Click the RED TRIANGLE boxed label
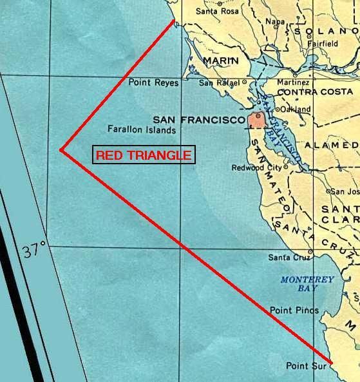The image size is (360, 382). click(x=144, y=155)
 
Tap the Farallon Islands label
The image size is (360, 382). click(x=142, y=129)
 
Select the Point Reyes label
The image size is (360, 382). click(x=153, y=82)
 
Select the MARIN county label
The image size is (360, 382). click(x=221, y=61)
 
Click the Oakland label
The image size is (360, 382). click(x=298, y=110)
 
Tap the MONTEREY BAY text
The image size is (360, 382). click(x=307, y=284)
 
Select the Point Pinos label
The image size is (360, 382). click(x=294, y=310)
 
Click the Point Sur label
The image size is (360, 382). click(x=306, y=366)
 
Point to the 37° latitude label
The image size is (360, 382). click(x=35, y=249)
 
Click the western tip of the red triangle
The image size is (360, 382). click(x=61, y=150)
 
